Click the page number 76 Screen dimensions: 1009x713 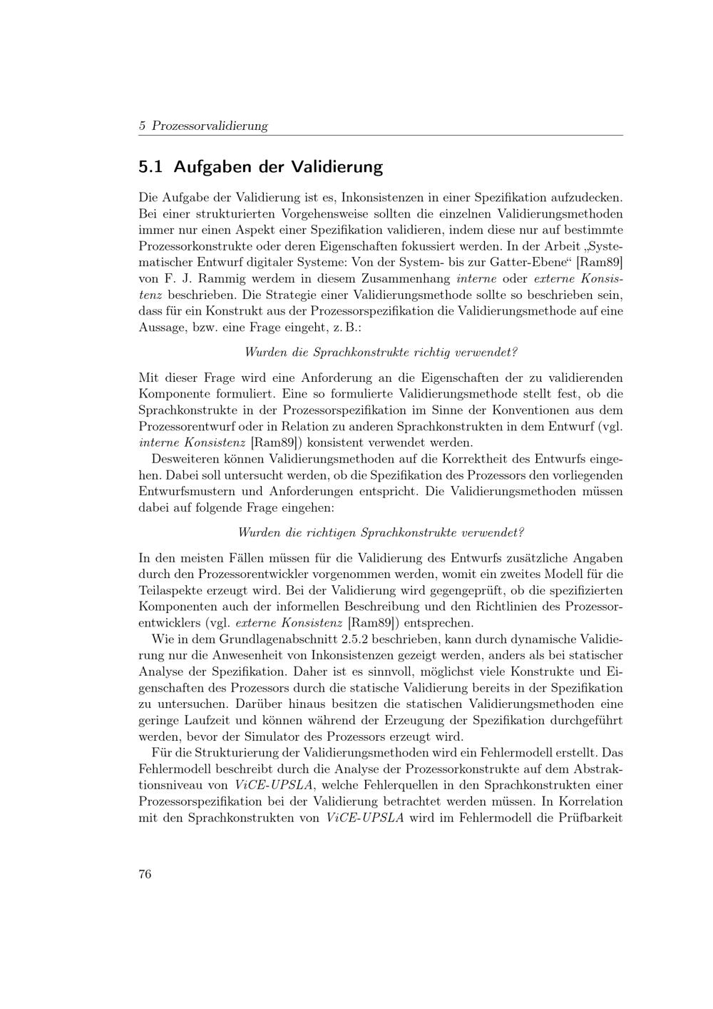click(x=145, y=875)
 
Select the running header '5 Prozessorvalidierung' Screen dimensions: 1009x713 click(x=203, y=126)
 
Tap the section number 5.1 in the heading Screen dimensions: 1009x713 click(x=150, y=167)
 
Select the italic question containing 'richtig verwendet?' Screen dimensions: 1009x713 click(x=381, y=353)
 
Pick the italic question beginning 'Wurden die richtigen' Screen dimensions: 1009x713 click(x=381, y=532)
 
